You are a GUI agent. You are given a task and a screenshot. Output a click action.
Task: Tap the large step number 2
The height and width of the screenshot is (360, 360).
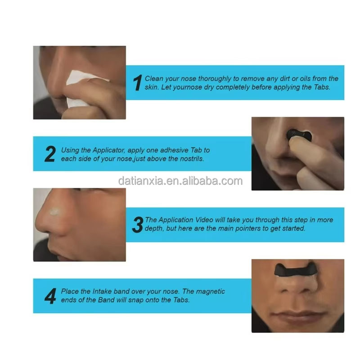pyautogui.click(x=50, y=154)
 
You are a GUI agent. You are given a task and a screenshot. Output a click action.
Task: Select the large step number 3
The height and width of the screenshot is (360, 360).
pyautogui.click(x=137, y=224)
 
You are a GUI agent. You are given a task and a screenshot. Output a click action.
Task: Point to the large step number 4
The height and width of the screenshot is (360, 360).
pyautogui.click(x=50, y=296)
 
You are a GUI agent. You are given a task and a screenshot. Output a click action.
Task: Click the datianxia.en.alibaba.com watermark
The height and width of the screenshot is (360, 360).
pyautogui.click(x=180, y=181)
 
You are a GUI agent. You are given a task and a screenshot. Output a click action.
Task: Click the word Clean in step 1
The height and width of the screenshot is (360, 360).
pyautogui.click(x=154, y=79)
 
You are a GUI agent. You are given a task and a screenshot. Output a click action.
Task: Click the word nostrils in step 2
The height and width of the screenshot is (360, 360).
pyautogui.click(x=192, y=158)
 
